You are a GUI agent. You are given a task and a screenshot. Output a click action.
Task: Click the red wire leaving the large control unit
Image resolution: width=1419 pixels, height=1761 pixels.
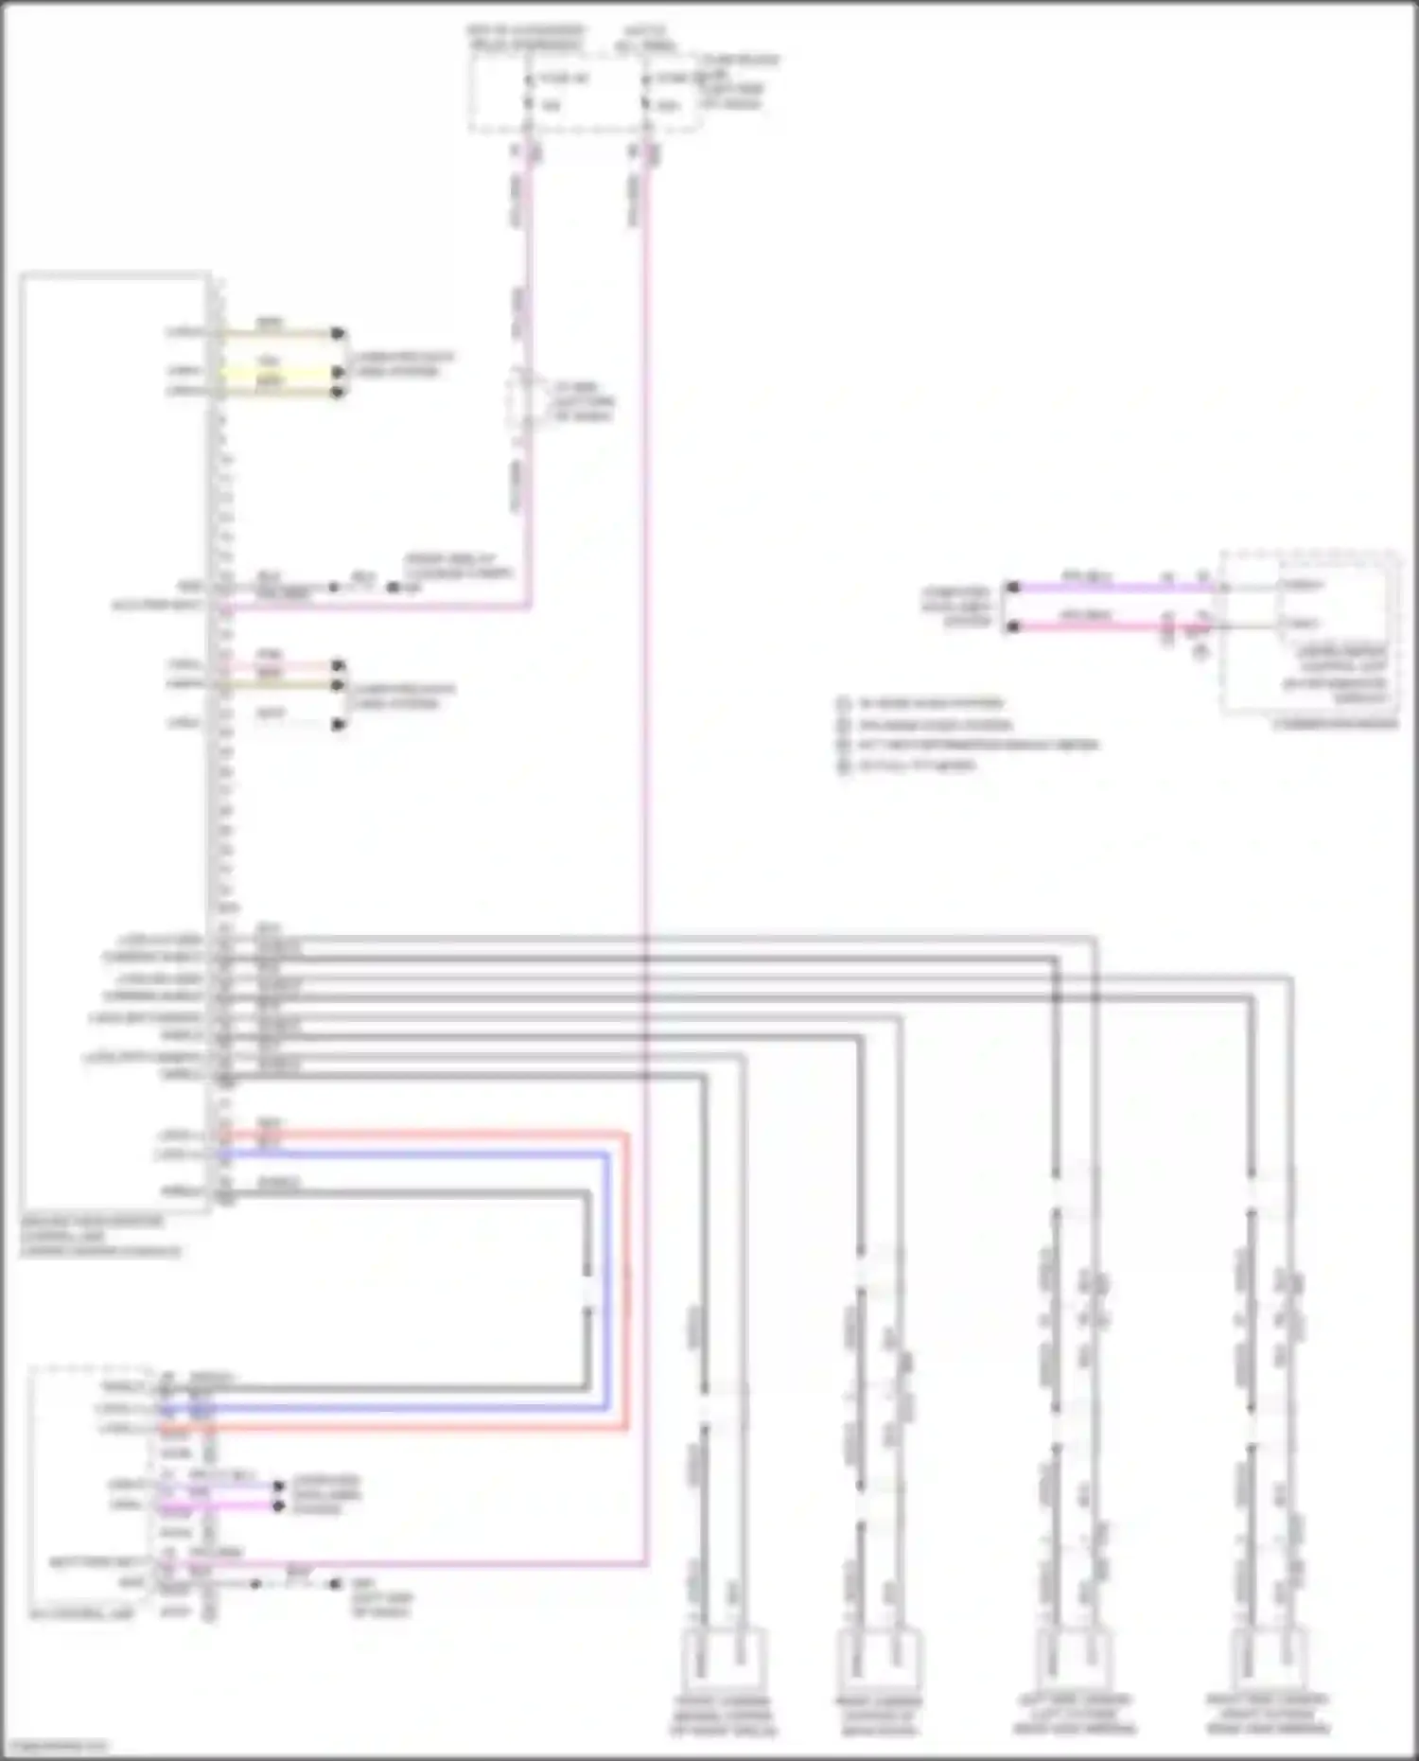click(x=426, y=1132)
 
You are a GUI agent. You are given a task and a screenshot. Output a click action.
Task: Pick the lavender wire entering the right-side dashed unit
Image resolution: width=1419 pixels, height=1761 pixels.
click(x=1116, y=588)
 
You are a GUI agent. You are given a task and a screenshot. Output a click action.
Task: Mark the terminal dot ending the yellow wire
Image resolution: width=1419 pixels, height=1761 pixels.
click(x=338, y=372)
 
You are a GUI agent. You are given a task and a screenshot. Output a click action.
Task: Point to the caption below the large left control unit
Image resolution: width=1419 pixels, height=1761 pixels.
click(x=99, y=1236)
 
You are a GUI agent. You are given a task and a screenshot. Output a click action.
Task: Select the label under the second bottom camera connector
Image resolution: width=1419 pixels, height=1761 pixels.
click(x=878, y=1716)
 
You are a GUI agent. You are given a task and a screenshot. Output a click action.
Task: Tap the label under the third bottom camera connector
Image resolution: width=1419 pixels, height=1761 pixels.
click(x=1075, y=1714)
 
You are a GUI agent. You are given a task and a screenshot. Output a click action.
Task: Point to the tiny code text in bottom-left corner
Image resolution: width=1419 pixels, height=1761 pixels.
click(x=55, y=1747)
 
